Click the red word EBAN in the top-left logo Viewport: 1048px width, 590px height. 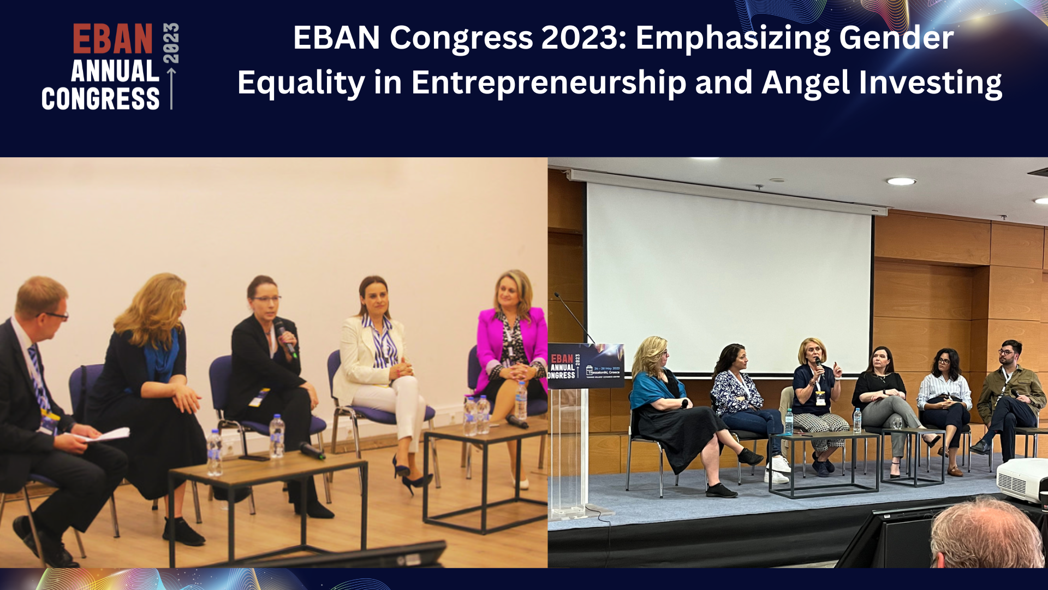pos(112,39)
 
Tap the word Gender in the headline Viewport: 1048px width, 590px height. pos(896,38)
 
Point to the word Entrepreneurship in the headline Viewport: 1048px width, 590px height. pos(548,83)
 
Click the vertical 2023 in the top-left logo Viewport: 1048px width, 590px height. pos(171,43)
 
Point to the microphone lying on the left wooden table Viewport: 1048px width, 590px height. pos(312,450)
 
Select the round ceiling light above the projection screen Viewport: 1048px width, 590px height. pos(901,181)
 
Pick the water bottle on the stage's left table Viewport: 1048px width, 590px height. pos(788,422)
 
